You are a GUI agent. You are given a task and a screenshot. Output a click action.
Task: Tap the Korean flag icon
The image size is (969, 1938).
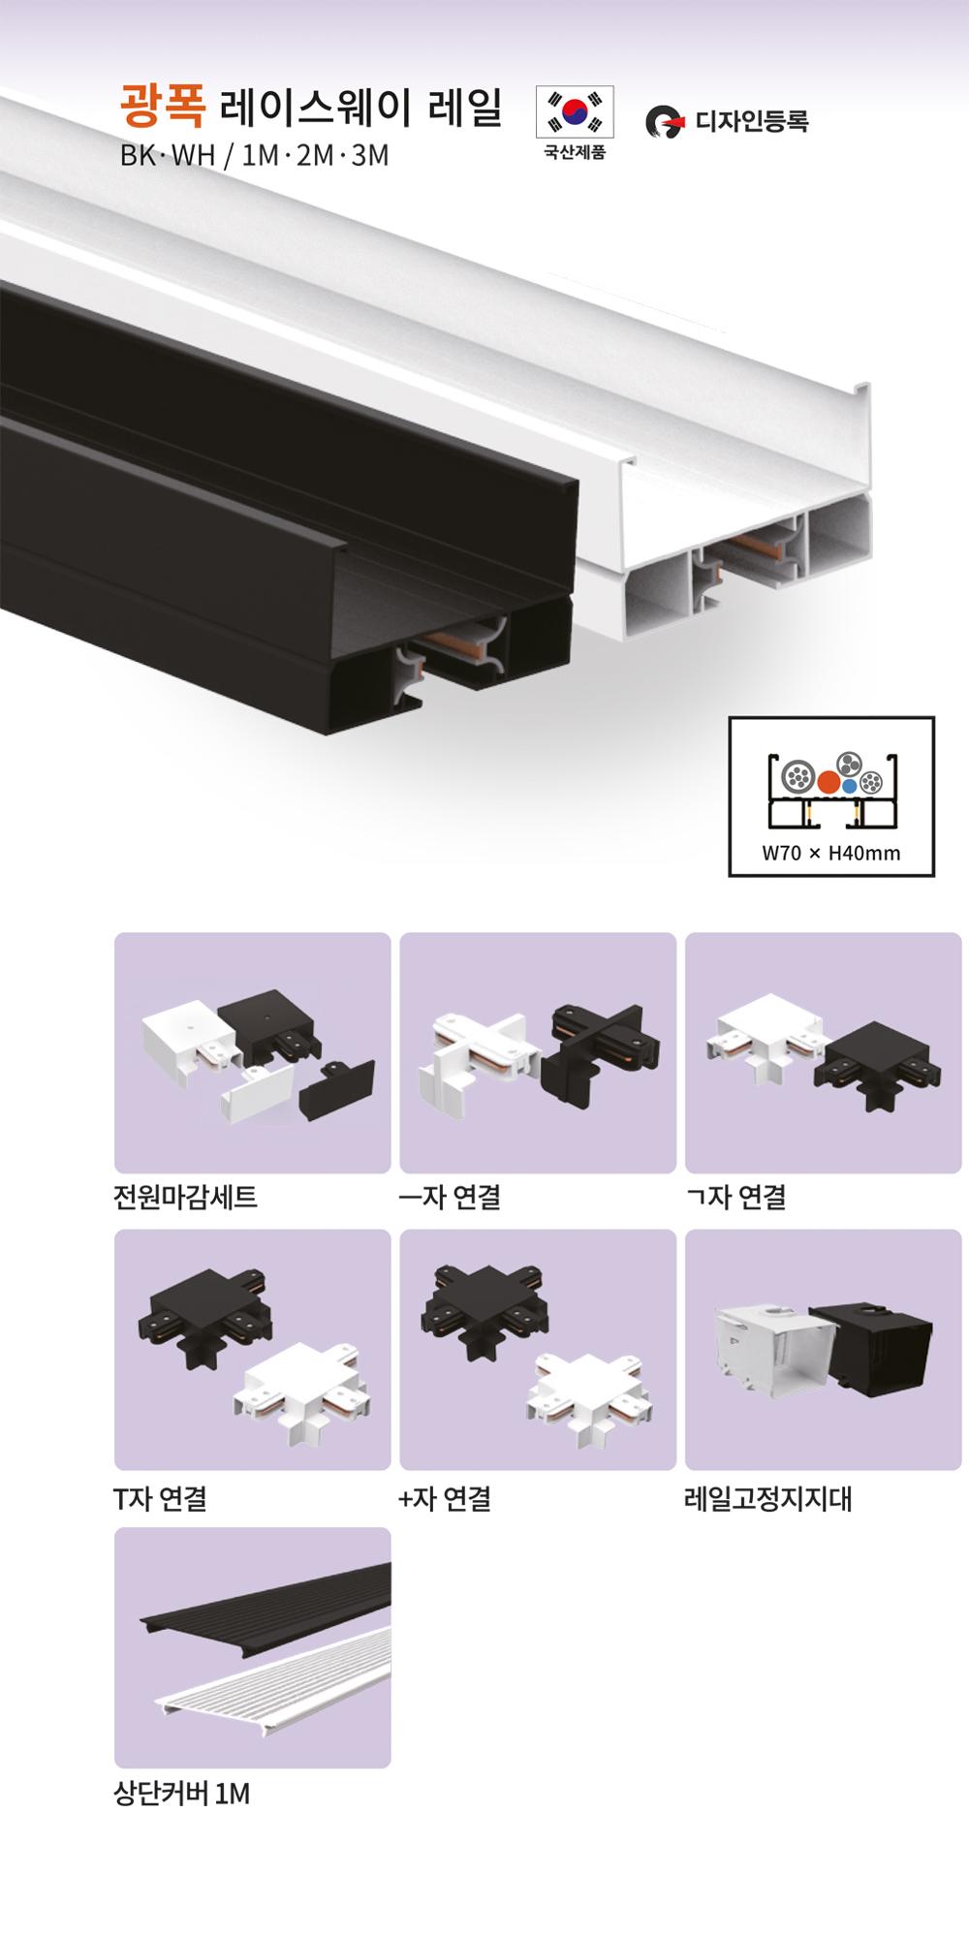pos(575,112)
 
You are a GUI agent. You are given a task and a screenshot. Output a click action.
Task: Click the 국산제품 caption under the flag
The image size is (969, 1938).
pos(575,153)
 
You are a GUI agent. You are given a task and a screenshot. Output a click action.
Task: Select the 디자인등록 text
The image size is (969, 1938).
pos(752,121)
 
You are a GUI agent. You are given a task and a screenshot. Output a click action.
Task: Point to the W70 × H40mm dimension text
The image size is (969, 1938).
pos(831,854)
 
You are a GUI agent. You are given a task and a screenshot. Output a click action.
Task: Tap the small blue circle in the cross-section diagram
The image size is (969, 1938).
pos(849,786)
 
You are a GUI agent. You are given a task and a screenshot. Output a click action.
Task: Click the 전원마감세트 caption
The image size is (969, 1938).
pos(185,1198)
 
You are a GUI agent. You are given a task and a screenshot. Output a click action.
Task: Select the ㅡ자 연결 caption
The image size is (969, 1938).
pos(450,1198)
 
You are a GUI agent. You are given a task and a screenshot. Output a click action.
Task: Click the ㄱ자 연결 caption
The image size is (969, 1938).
pos(735,1198)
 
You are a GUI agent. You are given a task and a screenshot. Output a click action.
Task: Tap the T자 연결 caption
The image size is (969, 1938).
pos(160,1499)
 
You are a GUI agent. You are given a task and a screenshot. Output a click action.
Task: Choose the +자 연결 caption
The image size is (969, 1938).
pos(445,1499)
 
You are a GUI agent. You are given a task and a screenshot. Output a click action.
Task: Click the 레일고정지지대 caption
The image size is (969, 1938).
pos(768,1499)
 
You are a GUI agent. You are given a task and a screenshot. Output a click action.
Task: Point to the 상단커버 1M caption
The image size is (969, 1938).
pos(182,1795)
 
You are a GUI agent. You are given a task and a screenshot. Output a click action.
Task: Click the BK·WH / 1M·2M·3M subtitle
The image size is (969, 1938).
pos(254,155)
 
